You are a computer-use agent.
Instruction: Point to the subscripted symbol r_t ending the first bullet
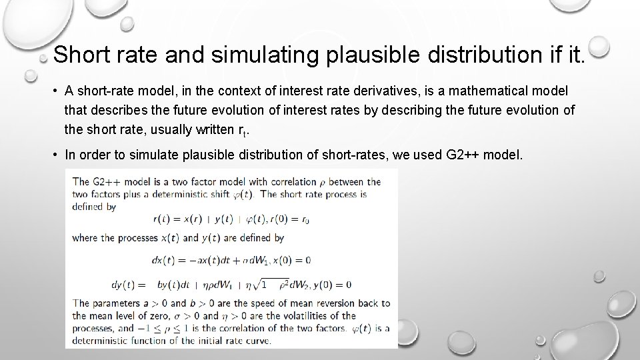(243, 129)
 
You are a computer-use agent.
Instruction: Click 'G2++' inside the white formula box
(106, 181)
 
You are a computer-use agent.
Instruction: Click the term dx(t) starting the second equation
(164, 260)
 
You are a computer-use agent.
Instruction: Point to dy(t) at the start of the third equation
(89, 285)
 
